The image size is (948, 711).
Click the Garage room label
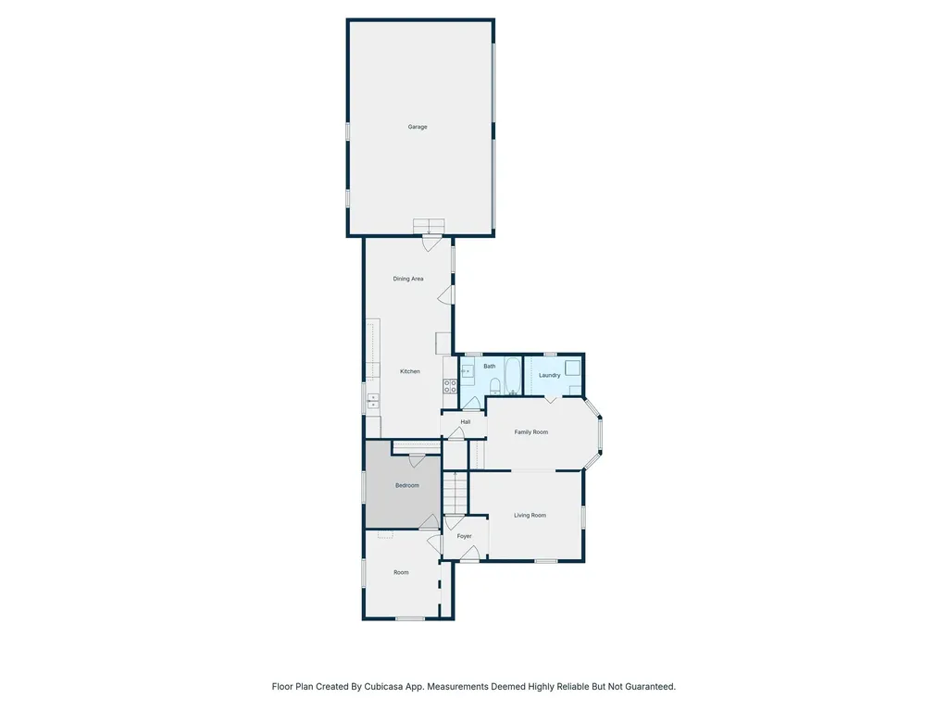418,127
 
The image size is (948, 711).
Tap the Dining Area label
408,279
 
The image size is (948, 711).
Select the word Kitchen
410,371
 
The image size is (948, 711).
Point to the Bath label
489,367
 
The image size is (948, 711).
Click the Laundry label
549,375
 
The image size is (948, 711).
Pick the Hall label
466,422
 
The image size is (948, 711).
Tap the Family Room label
531,432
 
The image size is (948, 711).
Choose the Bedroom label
407,486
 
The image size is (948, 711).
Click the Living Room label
530,516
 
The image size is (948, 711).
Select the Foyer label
465,536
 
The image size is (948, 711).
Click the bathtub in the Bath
494,386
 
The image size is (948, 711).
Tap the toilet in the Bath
513,393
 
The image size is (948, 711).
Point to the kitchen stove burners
450,387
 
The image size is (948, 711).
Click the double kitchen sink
373,400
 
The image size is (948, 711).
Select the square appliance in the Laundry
574,368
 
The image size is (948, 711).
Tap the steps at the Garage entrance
429,226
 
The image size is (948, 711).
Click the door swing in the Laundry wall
551,399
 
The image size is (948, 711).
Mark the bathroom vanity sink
468,371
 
